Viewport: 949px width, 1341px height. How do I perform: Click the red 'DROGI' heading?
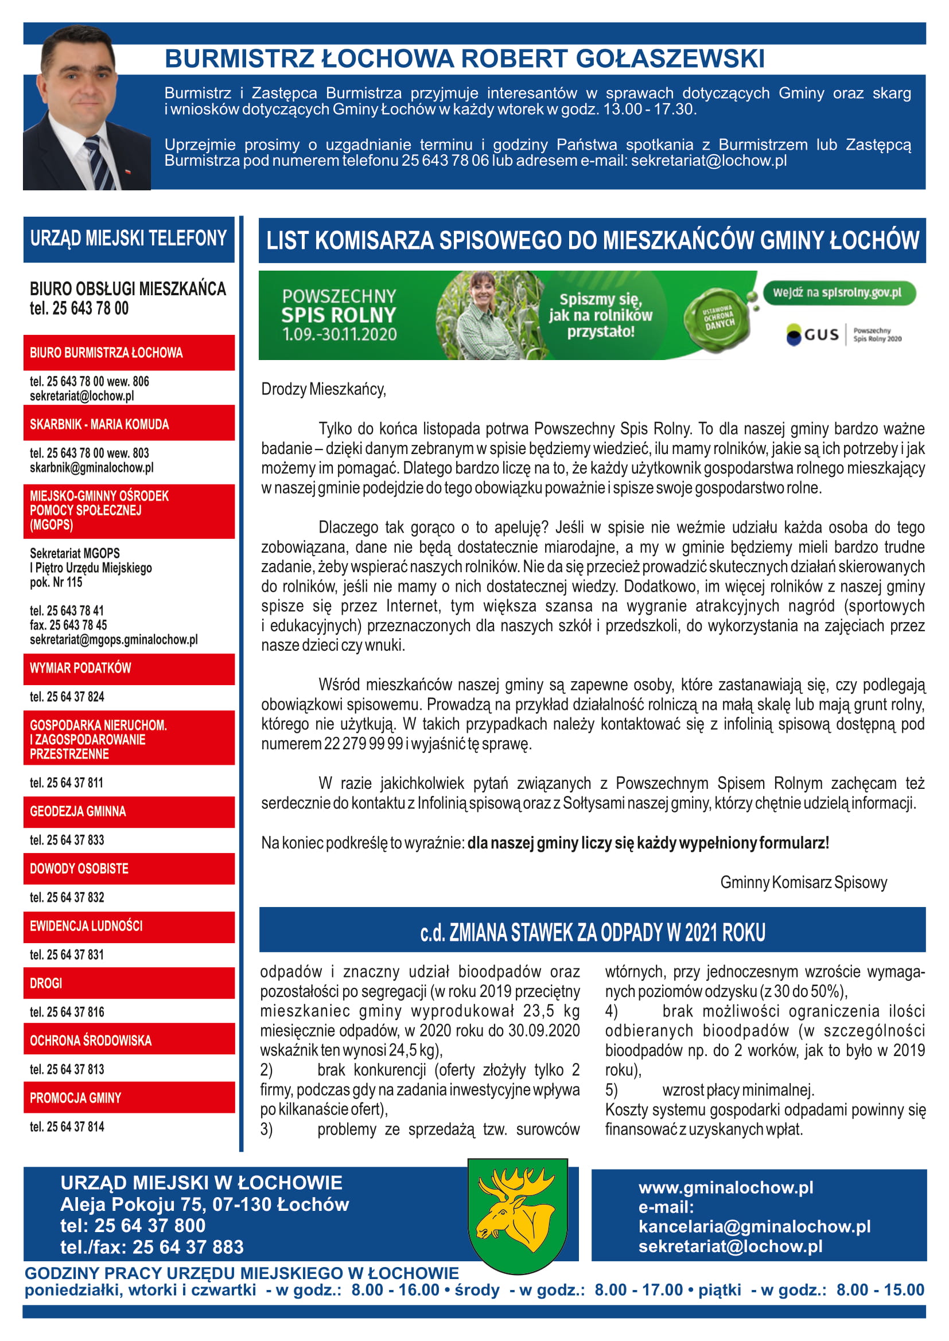coord(46,984)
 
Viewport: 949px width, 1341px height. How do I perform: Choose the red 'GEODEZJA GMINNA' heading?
coord(77,812)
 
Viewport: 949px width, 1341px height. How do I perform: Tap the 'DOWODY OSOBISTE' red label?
coord(79,869)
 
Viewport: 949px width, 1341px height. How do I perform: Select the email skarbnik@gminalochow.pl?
coord(92,468)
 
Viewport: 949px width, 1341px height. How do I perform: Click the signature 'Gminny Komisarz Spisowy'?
coord(803,882)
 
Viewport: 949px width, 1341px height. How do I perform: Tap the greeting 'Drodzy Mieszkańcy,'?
coord(324,389)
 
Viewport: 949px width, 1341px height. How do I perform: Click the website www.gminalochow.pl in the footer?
coord(726,1187)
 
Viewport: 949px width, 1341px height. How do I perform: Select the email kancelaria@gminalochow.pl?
coord(754,1226)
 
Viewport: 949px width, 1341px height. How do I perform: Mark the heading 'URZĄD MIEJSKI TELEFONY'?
coord(129,239)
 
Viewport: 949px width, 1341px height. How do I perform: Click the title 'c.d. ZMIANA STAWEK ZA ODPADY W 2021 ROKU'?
coord(592,933)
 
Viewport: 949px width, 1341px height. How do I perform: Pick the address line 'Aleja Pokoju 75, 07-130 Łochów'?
coord(204,1205)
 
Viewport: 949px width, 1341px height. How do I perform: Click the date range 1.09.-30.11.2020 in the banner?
coord(340,335)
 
